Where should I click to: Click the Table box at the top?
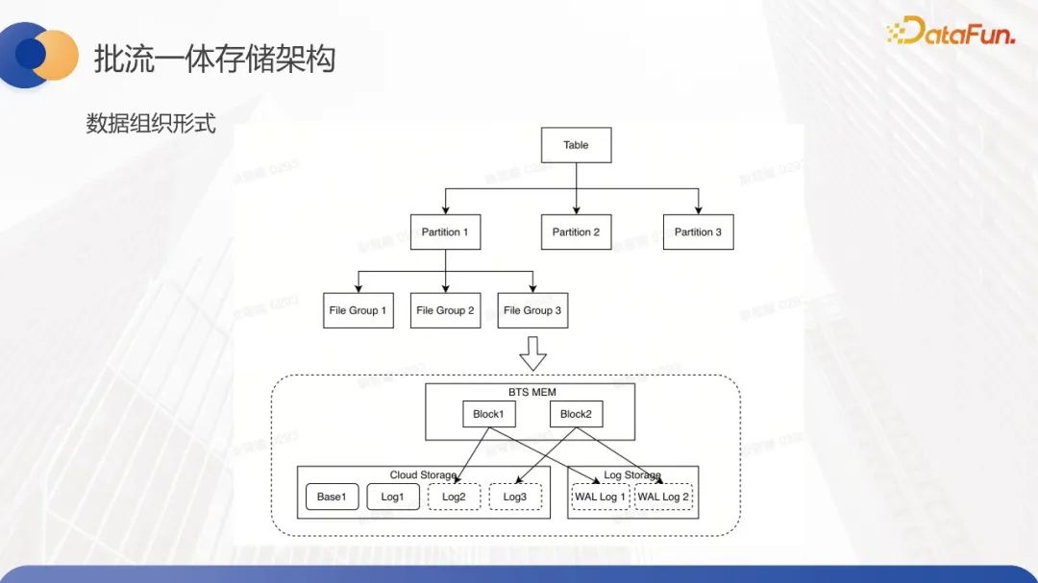click(x=576, y=145)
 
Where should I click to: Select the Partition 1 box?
click(x=445, y=232)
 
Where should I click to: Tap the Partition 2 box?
click(x=576, y=232)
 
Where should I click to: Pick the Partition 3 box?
click(x=698, y=232)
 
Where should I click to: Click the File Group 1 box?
click(x=358, y=310)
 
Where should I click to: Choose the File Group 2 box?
click(x=445, y=310)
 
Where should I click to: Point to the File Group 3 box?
click(x=532, y=310)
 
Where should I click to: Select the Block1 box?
click(x=488, y=414)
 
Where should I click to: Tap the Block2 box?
click(x=576, y=414)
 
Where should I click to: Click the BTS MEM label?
click(x=531, y=392)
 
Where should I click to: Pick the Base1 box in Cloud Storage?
click(x=332, y=497)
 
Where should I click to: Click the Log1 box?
click(x=393, y=497)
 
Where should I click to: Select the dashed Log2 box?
click(x=455, y=497)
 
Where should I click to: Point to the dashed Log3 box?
click(x=515, y=497)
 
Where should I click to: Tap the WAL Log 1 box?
click(x=601, y=497)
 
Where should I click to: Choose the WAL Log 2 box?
click(x=663, y=497)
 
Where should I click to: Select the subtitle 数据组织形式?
click(x=151, y=124)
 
